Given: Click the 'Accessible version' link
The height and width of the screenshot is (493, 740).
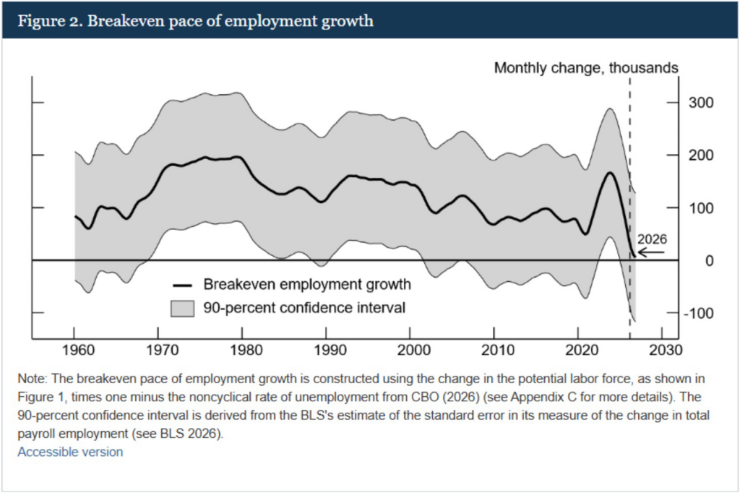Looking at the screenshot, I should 70,452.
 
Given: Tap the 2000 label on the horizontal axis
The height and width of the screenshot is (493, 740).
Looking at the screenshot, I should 410,350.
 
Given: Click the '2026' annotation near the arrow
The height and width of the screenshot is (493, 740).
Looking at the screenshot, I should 651,239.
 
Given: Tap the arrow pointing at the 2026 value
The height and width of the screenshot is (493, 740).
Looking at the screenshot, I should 651,253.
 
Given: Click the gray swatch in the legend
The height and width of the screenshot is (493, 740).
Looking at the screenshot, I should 182,308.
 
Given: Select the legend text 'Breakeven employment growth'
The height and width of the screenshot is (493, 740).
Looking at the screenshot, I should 307,284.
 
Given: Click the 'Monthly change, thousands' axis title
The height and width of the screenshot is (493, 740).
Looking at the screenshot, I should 586,68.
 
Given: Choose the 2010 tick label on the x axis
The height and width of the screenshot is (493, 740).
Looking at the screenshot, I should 494,350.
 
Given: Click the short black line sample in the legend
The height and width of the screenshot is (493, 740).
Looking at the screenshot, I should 182,284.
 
